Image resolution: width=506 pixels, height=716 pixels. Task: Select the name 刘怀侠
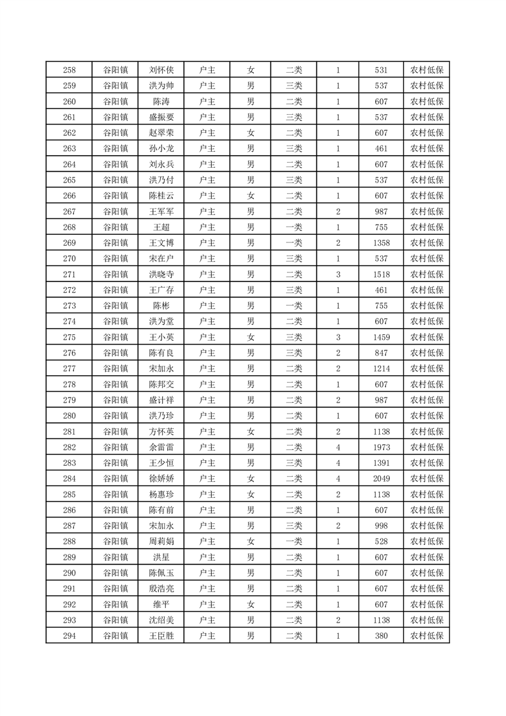click(x=161, y=70)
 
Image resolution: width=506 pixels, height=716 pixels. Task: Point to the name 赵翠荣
click(x=161, y=133)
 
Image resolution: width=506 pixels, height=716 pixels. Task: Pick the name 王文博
click(x=161, y=242)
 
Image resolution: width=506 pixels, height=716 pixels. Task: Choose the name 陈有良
click(x=161, y=352)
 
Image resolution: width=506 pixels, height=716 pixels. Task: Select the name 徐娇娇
click(x=161, y=478)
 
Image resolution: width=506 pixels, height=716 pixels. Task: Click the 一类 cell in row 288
click(x=294, y=541)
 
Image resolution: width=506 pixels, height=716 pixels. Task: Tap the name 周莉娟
click(x=161, y=541)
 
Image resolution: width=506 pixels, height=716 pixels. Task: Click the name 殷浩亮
click(x=161, y=588)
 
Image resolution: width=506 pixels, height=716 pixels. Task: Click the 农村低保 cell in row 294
click(x=427, y=636)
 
